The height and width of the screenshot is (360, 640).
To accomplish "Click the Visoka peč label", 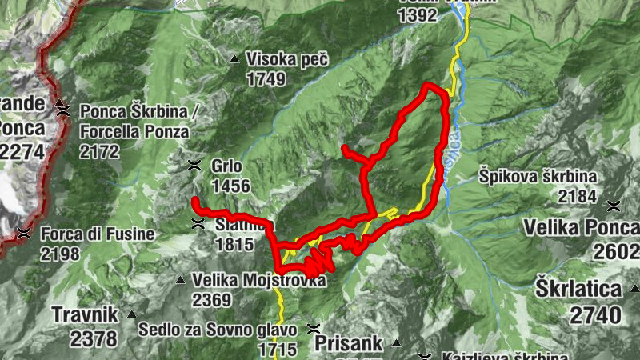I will [x=287, y=59].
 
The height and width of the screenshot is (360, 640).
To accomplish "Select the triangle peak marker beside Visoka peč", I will [x=234, y=59].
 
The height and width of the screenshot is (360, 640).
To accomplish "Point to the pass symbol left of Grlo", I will [x=193, y=166].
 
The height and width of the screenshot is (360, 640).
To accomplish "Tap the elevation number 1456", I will [x=231, y=186].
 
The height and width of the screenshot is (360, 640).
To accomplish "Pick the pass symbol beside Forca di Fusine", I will [x=23, y=234].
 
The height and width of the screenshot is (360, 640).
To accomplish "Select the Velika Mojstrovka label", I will [x=259, y=281].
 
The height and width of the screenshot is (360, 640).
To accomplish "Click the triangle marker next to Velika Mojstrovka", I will [x=181, y=280].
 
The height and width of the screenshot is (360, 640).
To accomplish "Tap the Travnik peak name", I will [x=82, y=314].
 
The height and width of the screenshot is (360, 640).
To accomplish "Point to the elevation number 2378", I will [x=93, y=338].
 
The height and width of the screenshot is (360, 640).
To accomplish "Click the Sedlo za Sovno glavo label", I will [x=218, y=330].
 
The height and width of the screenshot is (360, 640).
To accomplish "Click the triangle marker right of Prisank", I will [x=396, y=344].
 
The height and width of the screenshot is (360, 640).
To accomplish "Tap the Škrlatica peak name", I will [x=578, y=289].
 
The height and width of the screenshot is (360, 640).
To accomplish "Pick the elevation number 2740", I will [x=595, y=314].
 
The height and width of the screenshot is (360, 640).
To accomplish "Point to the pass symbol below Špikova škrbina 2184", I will [x=613, y=206].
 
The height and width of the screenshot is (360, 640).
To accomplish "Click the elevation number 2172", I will [x=99, y=150].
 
